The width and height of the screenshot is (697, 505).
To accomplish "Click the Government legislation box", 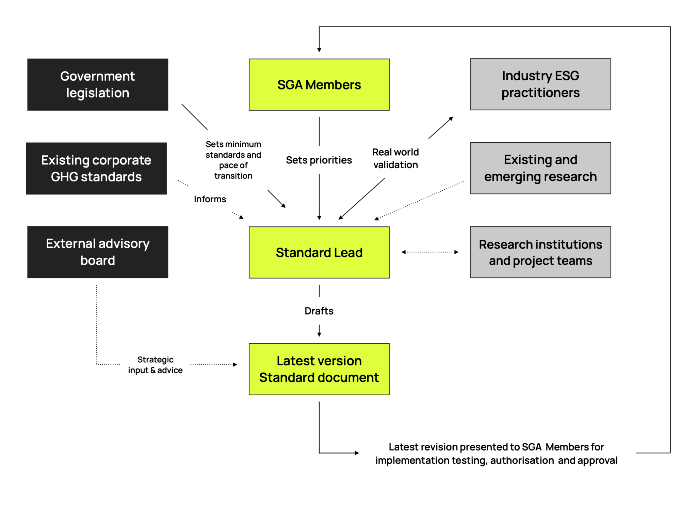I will (x=98, y=84).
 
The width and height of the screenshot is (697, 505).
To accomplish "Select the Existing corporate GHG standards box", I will (x=96, y=169).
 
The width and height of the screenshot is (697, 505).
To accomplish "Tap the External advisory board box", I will (x=98, y=252).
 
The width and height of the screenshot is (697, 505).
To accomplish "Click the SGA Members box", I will (x=319, y=84).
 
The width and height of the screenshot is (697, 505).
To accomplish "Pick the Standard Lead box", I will (x=319, y=252).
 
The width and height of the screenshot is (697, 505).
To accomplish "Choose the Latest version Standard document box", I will (x=319, y=369).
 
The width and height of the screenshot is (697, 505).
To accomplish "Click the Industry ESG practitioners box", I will (x=540, y=84).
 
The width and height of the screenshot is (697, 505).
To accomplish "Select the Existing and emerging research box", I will (x=540, y=168).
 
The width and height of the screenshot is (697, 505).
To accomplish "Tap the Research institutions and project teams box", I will (x=540, y=252).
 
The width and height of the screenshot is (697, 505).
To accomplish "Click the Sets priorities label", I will (x=319, y=160).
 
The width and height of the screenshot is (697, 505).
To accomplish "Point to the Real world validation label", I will (x=395, y=158).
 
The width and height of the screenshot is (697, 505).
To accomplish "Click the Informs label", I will (x=210, y=199).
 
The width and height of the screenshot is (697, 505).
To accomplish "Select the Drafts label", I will (x=319, y=311).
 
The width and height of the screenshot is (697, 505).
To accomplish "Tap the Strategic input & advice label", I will (x=155, y=365).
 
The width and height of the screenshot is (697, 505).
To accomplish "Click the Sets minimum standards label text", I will (x=233, y=160).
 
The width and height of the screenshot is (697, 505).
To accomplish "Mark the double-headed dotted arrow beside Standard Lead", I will (x=430, y=252).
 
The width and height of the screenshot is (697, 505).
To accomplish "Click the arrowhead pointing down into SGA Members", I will (x=319, y=50).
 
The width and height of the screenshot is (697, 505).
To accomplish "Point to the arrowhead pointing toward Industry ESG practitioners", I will (x=451, y=119).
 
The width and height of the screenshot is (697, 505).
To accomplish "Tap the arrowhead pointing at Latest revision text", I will (x=357, y=453).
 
